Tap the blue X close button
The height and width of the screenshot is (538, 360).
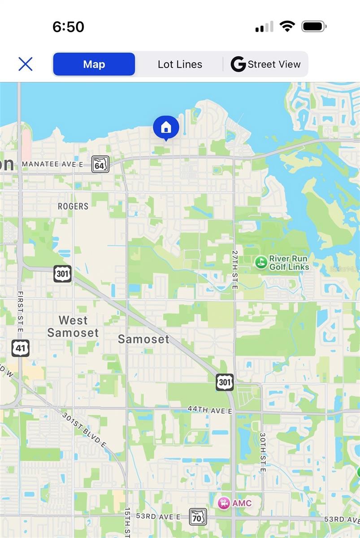pos(26,64)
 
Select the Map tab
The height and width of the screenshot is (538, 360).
pos(94,64)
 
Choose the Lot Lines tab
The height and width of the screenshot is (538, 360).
pos(180,64)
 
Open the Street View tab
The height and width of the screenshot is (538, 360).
pos(265,64)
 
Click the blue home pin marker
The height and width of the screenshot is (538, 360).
pos(166,127)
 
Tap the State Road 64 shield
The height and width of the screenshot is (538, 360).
pos(100,164)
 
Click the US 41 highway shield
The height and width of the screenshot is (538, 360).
pos(20,348)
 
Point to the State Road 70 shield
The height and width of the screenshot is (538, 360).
pos(198,516)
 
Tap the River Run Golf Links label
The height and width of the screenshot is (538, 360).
pos(289,263)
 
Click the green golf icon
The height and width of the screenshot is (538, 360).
pos(260,262)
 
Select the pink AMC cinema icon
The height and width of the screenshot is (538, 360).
pos(224,503)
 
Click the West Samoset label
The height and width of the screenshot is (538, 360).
pos(73,326)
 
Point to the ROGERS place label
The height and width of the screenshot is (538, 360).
pos(73,206)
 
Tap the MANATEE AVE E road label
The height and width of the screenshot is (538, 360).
pos(52,165)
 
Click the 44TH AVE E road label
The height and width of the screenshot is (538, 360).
pos(210,410)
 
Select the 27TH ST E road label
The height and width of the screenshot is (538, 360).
pos(235,269)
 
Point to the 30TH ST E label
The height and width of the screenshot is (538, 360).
pos(263,452)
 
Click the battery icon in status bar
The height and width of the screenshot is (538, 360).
pos(314,26)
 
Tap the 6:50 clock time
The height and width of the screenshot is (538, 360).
pos(68,27)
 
